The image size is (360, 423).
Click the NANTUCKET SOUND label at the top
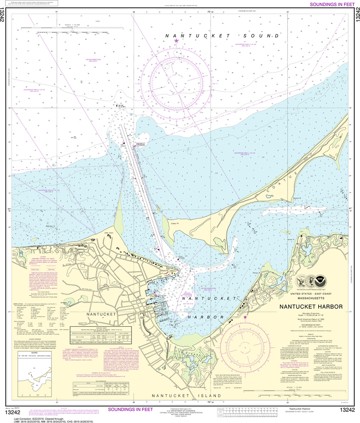coord(222,36)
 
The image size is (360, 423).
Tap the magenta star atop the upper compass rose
coord(176,41)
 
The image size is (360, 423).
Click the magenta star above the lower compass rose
coord(245,317)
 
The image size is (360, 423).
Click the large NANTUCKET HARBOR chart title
coord(311,307)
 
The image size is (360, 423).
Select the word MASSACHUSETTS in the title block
coord(311,299)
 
